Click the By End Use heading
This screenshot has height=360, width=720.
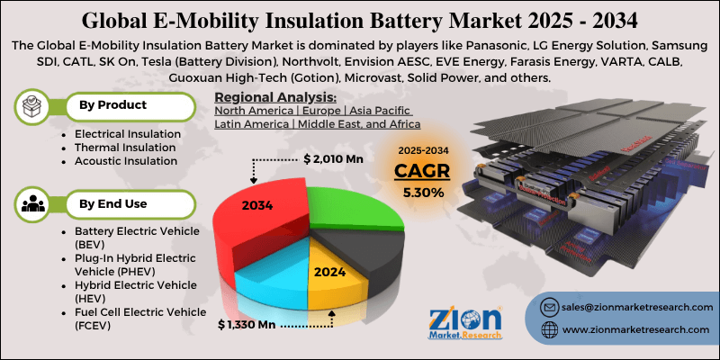[112, 204]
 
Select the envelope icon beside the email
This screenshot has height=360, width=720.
[550, 307]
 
